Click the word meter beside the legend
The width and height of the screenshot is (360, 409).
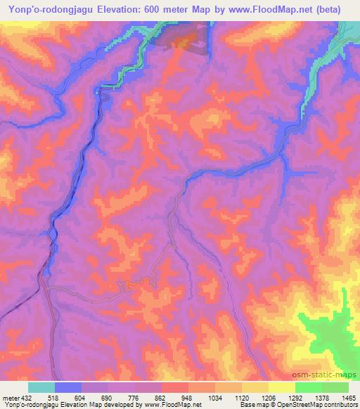[11, 398]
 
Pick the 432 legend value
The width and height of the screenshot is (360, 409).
[27, 398]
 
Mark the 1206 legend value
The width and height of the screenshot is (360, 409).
[269, 398]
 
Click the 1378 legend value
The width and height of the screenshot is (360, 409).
[323, 398]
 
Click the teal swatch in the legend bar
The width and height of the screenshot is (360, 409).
[41, 387]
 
